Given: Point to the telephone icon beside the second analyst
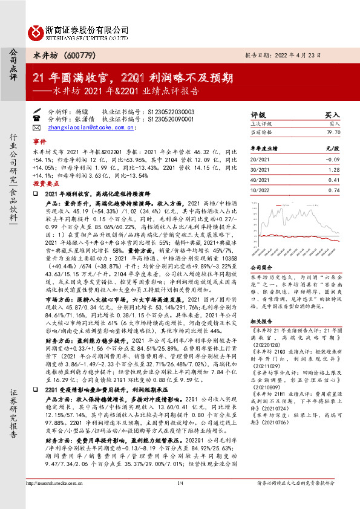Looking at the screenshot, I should click(37, 120).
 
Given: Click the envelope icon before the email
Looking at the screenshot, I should click(37, 128).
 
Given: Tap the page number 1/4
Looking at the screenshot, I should click(180, 501).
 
